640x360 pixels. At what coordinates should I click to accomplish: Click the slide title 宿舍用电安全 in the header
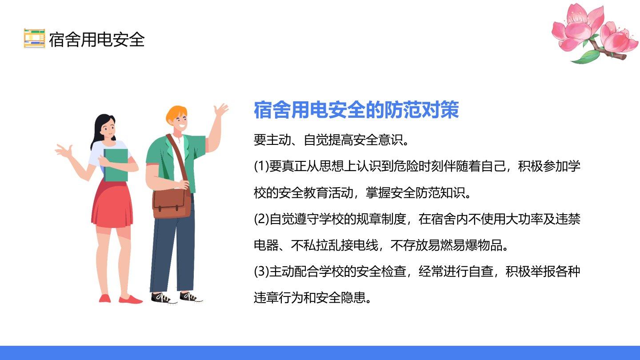96,40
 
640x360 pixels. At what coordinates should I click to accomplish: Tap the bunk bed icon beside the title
34,38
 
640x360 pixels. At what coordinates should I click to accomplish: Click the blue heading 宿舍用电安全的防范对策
356,110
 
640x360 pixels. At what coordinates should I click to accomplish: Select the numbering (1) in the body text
261,166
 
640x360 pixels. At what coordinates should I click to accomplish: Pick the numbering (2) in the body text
261,219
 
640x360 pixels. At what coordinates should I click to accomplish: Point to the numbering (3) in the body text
261,272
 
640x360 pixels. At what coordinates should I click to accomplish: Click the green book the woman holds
116,165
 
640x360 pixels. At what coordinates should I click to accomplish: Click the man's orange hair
176,113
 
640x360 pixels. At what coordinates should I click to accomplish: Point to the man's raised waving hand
221,110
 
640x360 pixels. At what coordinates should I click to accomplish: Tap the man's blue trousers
173,252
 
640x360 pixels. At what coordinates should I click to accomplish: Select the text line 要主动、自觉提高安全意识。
332,140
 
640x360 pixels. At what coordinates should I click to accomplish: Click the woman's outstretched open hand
64,151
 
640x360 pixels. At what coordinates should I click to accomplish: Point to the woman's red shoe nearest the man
130,300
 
